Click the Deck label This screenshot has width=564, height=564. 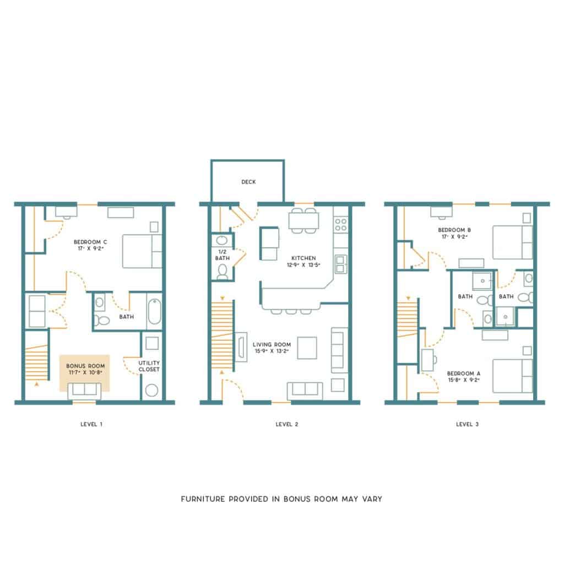248,182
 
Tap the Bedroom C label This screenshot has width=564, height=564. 90,242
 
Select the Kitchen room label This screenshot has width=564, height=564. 303,258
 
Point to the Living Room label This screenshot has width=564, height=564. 272,345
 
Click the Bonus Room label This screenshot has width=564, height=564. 85,366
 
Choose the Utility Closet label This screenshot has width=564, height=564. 149,366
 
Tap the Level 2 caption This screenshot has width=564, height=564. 286,425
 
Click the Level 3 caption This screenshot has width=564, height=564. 467,425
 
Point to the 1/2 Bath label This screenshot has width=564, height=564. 223,255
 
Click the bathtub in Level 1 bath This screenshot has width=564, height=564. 155,312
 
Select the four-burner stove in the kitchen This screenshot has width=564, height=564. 340,225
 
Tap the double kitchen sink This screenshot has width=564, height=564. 341,264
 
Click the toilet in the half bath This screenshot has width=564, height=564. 223,272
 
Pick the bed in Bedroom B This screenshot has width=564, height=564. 513,242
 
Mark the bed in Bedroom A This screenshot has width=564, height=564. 513,376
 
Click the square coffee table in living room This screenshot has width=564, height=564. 307,348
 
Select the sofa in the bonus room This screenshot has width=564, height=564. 84,392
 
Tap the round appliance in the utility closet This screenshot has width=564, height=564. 152,391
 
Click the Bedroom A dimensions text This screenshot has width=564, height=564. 464,380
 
